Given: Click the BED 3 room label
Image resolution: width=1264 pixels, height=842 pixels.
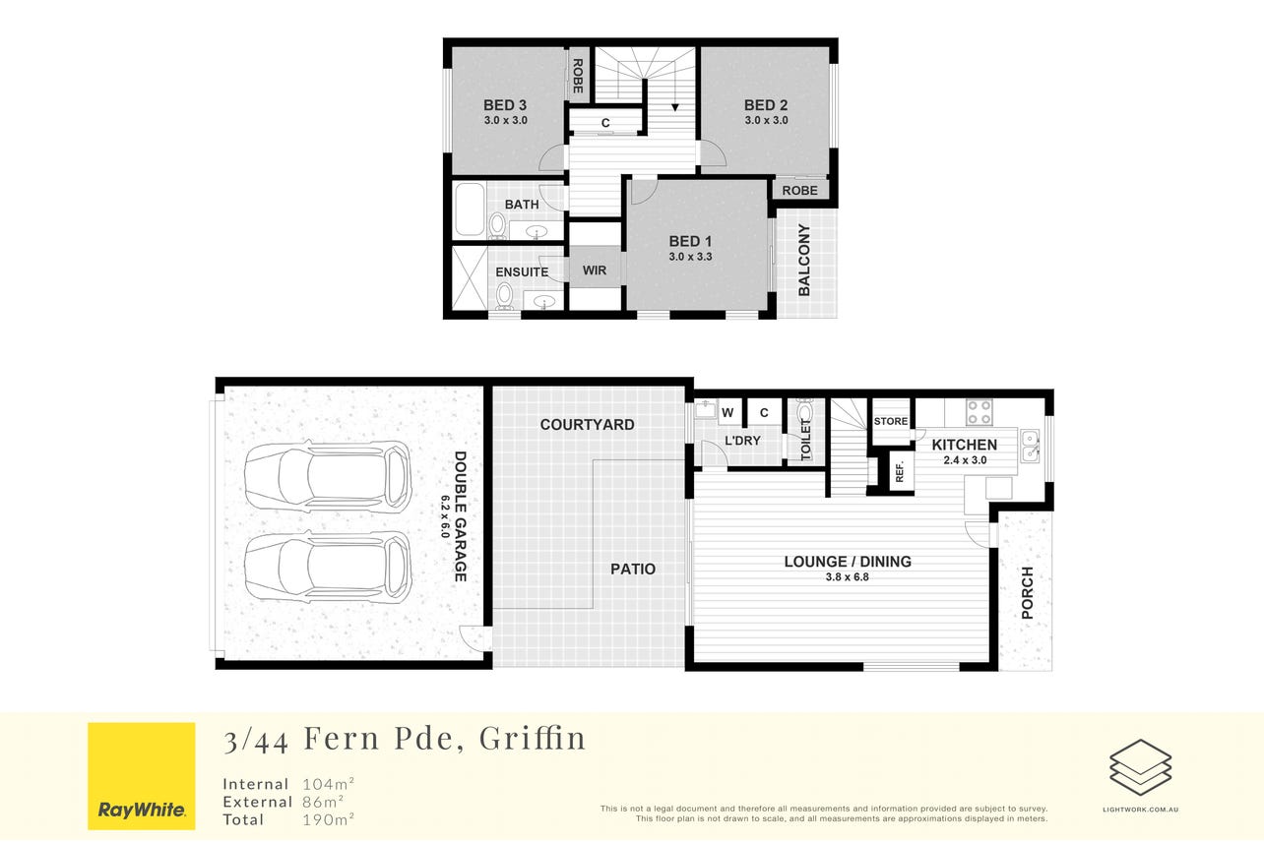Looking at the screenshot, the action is click(x=505, y=105).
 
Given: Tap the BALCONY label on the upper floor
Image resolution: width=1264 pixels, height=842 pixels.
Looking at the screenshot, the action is click(x=804, y=260).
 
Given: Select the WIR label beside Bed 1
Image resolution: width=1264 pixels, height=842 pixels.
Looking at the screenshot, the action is click(x=595, y=271).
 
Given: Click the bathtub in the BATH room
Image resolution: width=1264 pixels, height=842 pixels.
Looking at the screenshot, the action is click(x=470, y=210).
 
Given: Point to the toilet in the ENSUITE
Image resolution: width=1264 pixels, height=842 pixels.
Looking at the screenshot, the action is click(x=504, y=296).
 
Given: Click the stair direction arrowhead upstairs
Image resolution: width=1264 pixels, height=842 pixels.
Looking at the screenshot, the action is click(x=675, y=107).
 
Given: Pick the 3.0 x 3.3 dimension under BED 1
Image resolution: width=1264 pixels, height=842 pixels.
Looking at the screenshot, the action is click(x=690, y=257).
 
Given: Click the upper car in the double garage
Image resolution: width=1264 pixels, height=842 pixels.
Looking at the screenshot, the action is click(x=328, y=475).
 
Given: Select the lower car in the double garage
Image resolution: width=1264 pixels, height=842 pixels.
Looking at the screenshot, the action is click(x=328, y=567).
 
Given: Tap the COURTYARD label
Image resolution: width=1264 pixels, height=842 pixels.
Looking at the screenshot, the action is click(x=587, y=425).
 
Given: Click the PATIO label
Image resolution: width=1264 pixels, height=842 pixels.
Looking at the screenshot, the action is click(x=633, y=570).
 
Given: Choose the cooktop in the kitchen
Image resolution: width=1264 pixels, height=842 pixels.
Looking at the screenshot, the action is click(x=980, y=412).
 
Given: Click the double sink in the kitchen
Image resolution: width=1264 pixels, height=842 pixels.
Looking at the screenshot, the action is click(x=1030, y=446).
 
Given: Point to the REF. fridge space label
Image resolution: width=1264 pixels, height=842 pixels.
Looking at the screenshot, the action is click(x=900, y=471).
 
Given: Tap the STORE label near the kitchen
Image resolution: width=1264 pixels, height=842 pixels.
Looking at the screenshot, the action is click(x=891, y=421).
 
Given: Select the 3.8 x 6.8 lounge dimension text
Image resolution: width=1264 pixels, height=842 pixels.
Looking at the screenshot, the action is click(x=847, y=577).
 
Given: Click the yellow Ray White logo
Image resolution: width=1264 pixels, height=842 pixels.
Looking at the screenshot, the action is click(x=142, y=776).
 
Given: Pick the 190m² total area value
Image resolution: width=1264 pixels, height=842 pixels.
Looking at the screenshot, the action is click(x=329, y=819).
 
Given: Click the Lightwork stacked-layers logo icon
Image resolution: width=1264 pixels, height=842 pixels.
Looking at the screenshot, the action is click(x=1140, y=767).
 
